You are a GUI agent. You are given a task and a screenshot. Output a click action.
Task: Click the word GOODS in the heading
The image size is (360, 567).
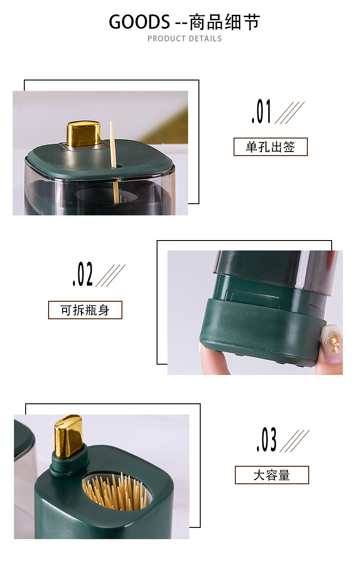tap(139, 22)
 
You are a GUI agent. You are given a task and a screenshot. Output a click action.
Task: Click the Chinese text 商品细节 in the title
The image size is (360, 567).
tap(225, 22)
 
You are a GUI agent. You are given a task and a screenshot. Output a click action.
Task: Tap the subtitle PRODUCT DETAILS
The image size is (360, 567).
tap(184, 39)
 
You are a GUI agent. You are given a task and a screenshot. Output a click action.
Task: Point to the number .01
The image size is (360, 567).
tap(261, 112)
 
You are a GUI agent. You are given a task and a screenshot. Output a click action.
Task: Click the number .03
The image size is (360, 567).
tap(266, 440)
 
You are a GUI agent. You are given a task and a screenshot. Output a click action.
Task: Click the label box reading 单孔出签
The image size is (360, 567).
tap(270, 147)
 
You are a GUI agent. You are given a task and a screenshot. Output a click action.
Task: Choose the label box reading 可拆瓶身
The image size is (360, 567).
tap(85, 310)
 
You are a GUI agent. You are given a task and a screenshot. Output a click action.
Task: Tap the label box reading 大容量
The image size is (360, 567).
tap(272, 475)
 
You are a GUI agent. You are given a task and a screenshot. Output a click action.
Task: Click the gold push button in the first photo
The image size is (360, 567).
tap(84, 134)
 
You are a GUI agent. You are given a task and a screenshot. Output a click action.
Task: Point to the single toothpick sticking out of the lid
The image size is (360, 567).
tap(112, 144)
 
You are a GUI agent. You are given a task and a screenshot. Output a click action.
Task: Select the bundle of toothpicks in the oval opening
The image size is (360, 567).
tap(116, 492)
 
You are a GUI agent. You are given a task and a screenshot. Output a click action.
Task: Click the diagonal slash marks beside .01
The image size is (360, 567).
tap(289, 112)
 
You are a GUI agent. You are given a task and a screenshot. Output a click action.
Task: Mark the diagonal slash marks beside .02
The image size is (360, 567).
tap(110, 275)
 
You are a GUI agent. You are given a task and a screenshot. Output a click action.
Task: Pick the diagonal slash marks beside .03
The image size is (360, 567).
tap(294, 441)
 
